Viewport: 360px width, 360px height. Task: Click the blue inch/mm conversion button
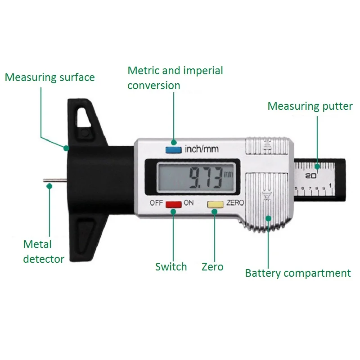pos(171,149)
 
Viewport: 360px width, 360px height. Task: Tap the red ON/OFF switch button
pos(173,204)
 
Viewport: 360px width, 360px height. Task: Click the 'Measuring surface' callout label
pos(50,77)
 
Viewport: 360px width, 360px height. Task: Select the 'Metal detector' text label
pos(43,252)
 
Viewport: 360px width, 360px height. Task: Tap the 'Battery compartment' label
pos(298,273)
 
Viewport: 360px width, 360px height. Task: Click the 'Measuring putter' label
pos(310,106)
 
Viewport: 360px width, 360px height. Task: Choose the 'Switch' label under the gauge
pos(171,267)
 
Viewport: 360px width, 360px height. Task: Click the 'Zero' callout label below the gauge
pos(212,267)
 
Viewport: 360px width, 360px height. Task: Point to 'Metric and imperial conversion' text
pos(175,78)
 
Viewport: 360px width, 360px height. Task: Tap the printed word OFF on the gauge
pos(156,203)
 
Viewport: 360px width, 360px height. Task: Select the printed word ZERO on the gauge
pos(234,203)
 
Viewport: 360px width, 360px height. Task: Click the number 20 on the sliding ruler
pos(310,175)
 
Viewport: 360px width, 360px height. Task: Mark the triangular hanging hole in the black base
pos(85,117)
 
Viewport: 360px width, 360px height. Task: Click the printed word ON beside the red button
pos(188,203)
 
